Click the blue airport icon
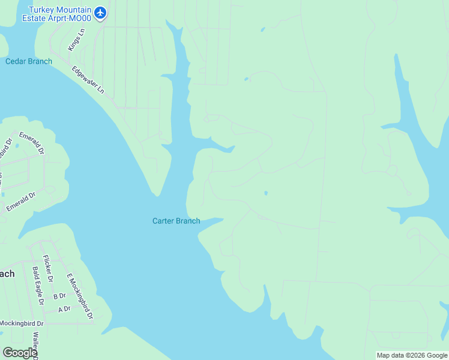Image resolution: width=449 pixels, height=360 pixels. (100, 12)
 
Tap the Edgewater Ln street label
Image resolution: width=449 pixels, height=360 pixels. (88, 80)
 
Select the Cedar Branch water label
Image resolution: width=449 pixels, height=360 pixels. (29, 61)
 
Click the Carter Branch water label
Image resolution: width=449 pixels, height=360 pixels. (176, 221)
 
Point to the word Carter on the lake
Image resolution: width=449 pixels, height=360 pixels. (162, 221)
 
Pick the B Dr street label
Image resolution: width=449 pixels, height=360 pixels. (59, 296)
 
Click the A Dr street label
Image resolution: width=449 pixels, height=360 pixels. (64, 309)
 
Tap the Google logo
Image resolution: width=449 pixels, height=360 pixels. (20, 353)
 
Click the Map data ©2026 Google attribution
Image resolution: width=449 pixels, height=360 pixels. (412, 355)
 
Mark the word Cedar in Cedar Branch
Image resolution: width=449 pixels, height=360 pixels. (16, 61)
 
